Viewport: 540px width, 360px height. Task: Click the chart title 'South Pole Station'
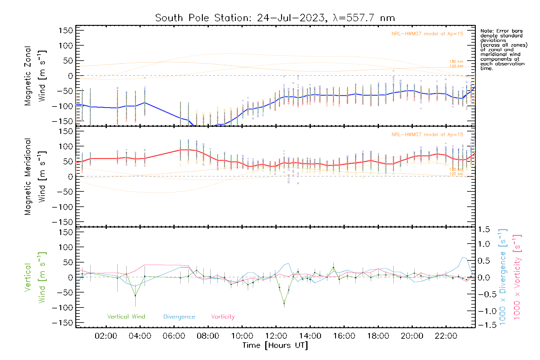(x=274, y=18)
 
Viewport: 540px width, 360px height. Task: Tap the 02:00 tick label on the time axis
(x=106, y=336)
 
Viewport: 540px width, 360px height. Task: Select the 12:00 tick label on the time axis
(x=276, y=336)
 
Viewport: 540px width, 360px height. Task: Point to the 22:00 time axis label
(x=446, y=336)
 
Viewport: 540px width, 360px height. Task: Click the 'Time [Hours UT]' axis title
(x=275, y=346)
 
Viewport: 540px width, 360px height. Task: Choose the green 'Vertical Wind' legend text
(x=126, y=317)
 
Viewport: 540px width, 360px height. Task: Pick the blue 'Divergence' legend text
(x=179, y=317)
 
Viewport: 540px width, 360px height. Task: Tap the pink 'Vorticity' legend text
(x=223, y=317)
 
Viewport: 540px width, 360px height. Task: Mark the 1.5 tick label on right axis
(x=484, y=229)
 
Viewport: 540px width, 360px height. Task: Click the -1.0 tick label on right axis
(x=484, y=311)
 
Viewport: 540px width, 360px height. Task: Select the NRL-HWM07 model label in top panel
(x=427, y=34)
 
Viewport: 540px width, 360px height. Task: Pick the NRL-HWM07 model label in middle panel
(x=427, y=135)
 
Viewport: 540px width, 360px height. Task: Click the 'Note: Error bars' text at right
(x=502, y=31)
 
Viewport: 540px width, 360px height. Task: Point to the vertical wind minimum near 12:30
(x=284, y=304)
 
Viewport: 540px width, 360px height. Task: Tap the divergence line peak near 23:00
(x=463, y=257)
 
